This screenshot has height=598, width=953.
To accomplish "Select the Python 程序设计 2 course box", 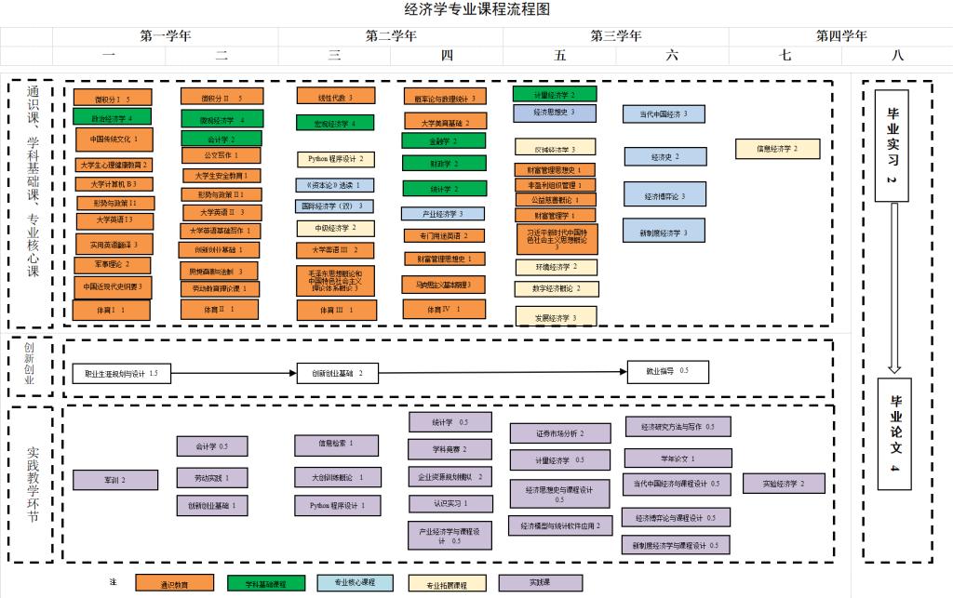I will click(x=335, y=159).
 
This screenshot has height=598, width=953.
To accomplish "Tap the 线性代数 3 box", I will click(x=336, y=96).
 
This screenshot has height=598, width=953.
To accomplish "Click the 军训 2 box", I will click(x=115, y=480).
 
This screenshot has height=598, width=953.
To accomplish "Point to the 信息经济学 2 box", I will click(x=778, y=148).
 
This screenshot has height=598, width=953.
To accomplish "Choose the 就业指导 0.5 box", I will click(x=667, y=372).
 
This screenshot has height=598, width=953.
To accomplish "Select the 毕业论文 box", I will click(x=894, y=433).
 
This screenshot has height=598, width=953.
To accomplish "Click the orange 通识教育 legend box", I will click(x=174, y=583).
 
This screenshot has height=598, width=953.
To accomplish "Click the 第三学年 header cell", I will click(x=616, y=36).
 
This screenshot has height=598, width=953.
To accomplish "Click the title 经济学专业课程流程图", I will click(x=477, y=10).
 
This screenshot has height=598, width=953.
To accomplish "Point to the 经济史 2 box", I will click(x=664, y=157).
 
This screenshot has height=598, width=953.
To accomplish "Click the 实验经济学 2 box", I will click(x=784, y=484).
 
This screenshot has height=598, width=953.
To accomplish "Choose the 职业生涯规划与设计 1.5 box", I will click(x=121, y=373).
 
